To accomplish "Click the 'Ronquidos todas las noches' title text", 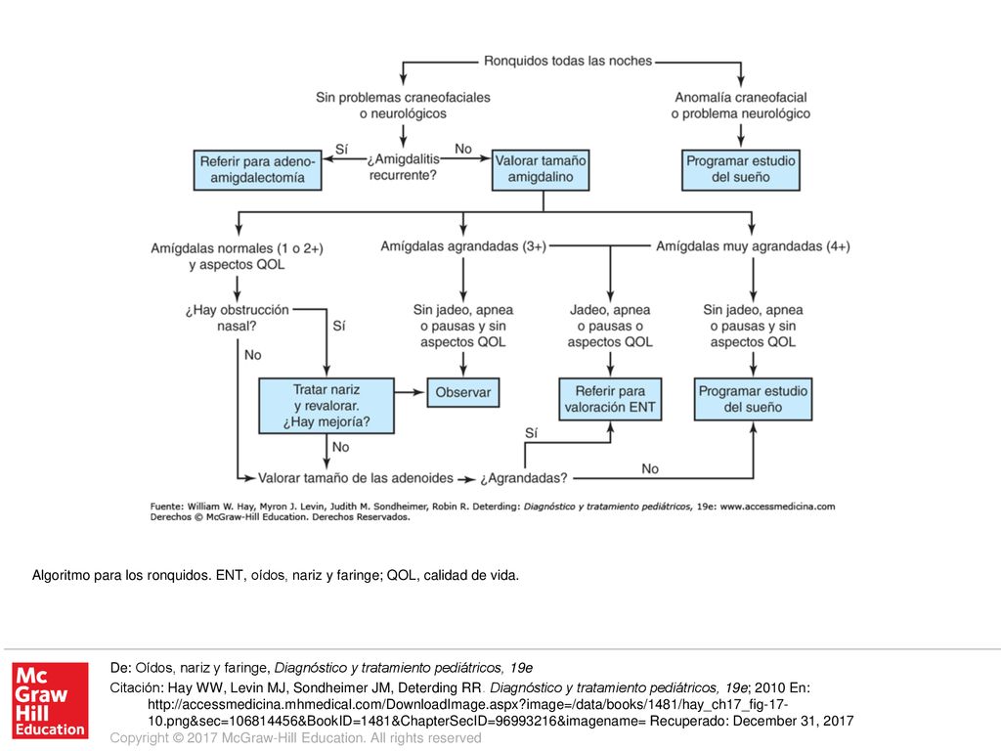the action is click(568, 61).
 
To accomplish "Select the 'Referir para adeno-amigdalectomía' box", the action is click(257, 170).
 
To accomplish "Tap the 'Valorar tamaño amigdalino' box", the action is click(540, 170).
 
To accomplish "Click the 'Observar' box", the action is click(462, 393).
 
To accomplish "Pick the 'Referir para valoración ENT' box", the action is click(610, 399).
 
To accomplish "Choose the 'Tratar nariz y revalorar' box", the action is click(326, 406).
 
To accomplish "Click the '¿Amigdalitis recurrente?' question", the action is click(403, 166).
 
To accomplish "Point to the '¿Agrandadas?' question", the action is click(524, 477).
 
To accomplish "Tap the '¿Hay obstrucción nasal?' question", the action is click(237, 318).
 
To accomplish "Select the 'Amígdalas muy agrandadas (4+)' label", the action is click(753, 245).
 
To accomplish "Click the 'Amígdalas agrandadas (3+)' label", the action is click(462, 245).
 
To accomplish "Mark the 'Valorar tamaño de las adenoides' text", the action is click(356, 477).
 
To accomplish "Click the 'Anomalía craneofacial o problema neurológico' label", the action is click(741, 106).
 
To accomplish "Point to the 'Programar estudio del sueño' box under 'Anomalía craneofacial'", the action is click(741, 170).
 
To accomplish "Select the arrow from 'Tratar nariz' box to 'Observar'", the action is click(410, 391).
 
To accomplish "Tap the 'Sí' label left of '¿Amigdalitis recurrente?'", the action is click(341, 149).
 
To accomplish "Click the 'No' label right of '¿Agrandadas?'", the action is click(650, 468).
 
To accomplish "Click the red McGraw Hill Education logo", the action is click(50, 700).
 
